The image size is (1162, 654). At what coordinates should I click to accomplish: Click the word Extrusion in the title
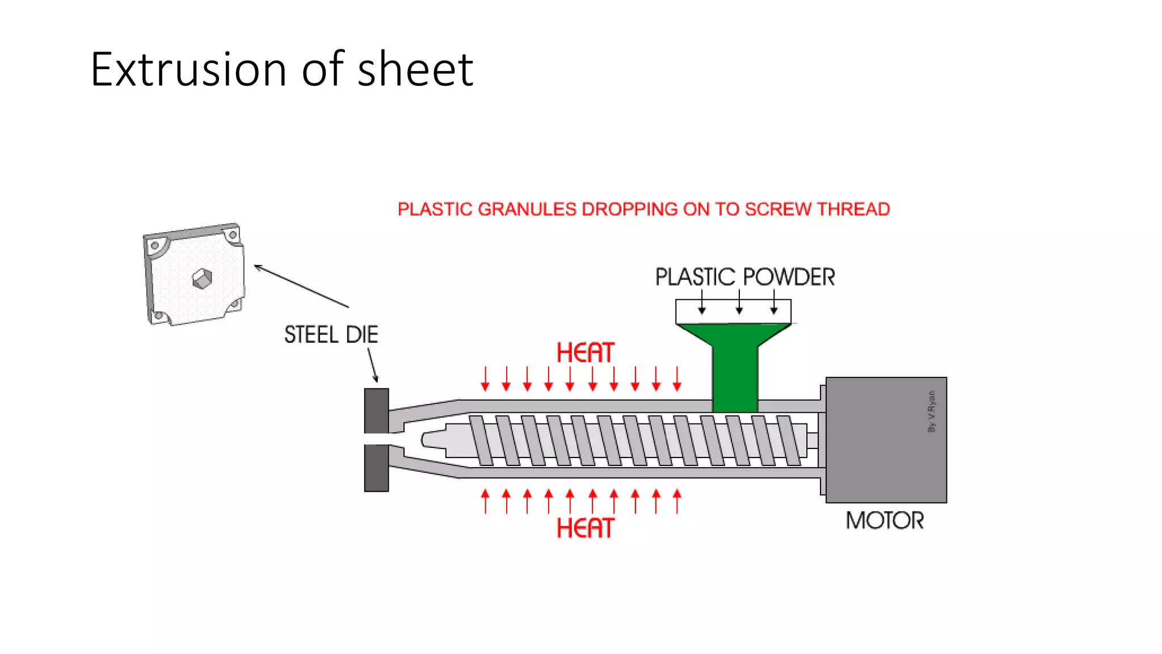(x=188, y=69)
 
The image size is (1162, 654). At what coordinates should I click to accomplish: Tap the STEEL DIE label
(x=331, y=334)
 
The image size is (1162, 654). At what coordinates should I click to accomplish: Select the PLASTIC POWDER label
(x=744, y=277)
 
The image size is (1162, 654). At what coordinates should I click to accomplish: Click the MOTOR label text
(x=885, y=521)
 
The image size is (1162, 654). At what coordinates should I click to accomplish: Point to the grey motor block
(x=885, y=440)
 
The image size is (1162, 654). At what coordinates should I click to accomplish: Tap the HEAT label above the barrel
(x=585, y=353)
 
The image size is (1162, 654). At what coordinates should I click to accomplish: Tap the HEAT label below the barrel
(x=585, y=528)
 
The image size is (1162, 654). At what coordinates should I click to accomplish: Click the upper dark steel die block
(x=376, y=410)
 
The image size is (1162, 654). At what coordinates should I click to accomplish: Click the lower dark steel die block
(x=376, y=468)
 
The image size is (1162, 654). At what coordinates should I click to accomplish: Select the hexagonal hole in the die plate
(x=202, y=278)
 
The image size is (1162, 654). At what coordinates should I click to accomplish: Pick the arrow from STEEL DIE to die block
(x=372, y=364)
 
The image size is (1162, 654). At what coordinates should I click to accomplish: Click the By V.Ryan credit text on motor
(x=931, y=412)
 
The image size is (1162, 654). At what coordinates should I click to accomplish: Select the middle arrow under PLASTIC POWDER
(x=739, y=303)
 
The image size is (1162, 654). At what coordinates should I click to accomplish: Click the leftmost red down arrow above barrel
(x=485, y=379)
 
